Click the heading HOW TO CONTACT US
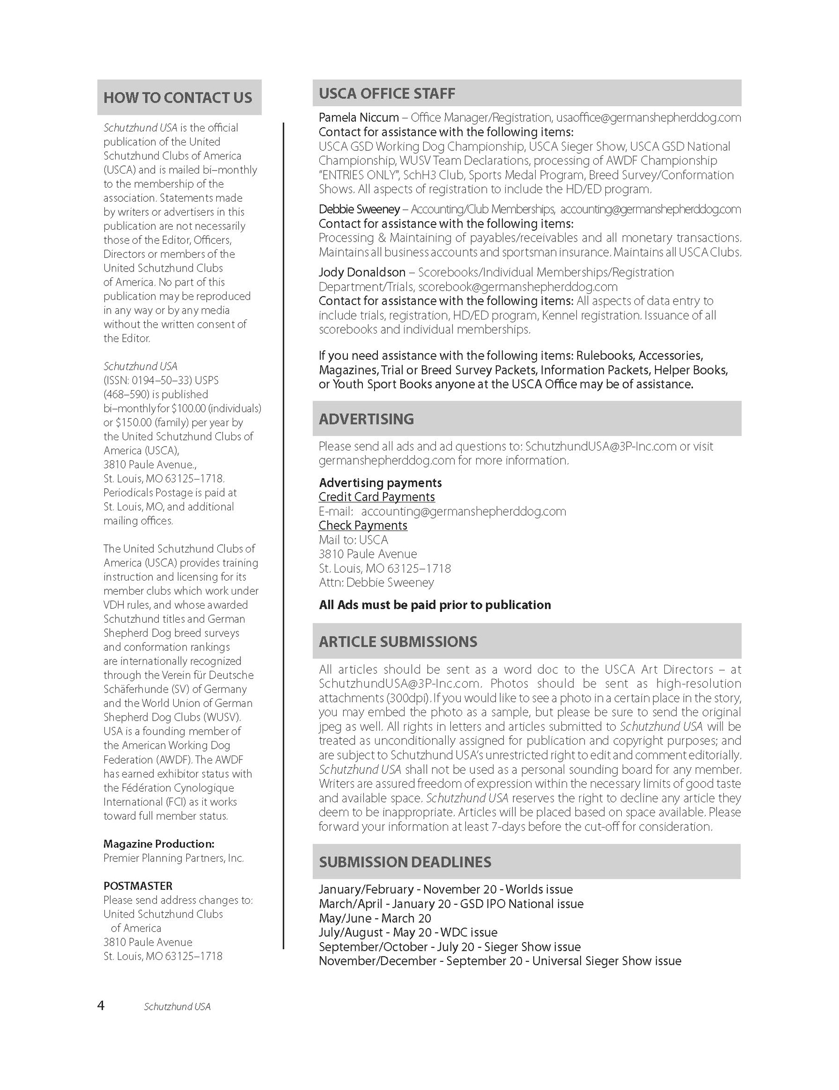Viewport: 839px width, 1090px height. (177, 98)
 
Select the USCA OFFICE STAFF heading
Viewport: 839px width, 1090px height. (386, 93)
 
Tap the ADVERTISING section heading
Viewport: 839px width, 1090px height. (366, 419)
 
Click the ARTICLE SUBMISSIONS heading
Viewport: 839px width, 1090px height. (398, 641)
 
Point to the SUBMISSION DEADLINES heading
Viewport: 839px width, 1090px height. (405, 862)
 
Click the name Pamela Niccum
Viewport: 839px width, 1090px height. (358, 118)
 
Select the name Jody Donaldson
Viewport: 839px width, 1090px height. (361, 272)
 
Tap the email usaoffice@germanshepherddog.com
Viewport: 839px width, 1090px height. (648, 118)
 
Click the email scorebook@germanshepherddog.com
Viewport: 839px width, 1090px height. (517, 287)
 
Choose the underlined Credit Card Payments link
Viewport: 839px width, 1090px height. (376, 497)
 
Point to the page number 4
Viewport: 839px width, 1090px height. (101, 1006)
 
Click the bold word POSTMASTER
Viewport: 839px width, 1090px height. (138, 886)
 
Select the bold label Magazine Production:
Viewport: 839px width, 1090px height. (159, 844)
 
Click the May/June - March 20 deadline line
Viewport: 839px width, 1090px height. (375, 918)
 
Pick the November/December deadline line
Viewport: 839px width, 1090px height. (499, 961)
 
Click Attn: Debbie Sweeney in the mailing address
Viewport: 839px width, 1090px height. (376, 582)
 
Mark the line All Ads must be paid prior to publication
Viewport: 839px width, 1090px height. (434, 605)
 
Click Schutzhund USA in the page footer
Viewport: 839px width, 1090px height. (177, 1007)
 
